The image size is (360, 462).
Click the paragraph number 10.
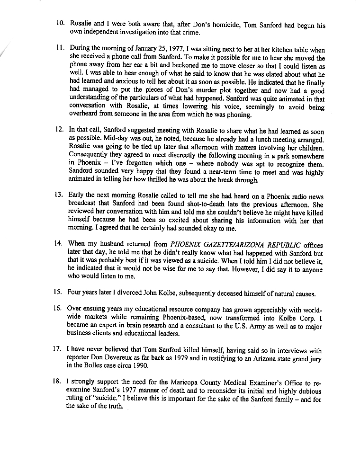coord(61,23)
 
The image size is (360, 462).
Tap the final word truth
coord(114,407)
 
